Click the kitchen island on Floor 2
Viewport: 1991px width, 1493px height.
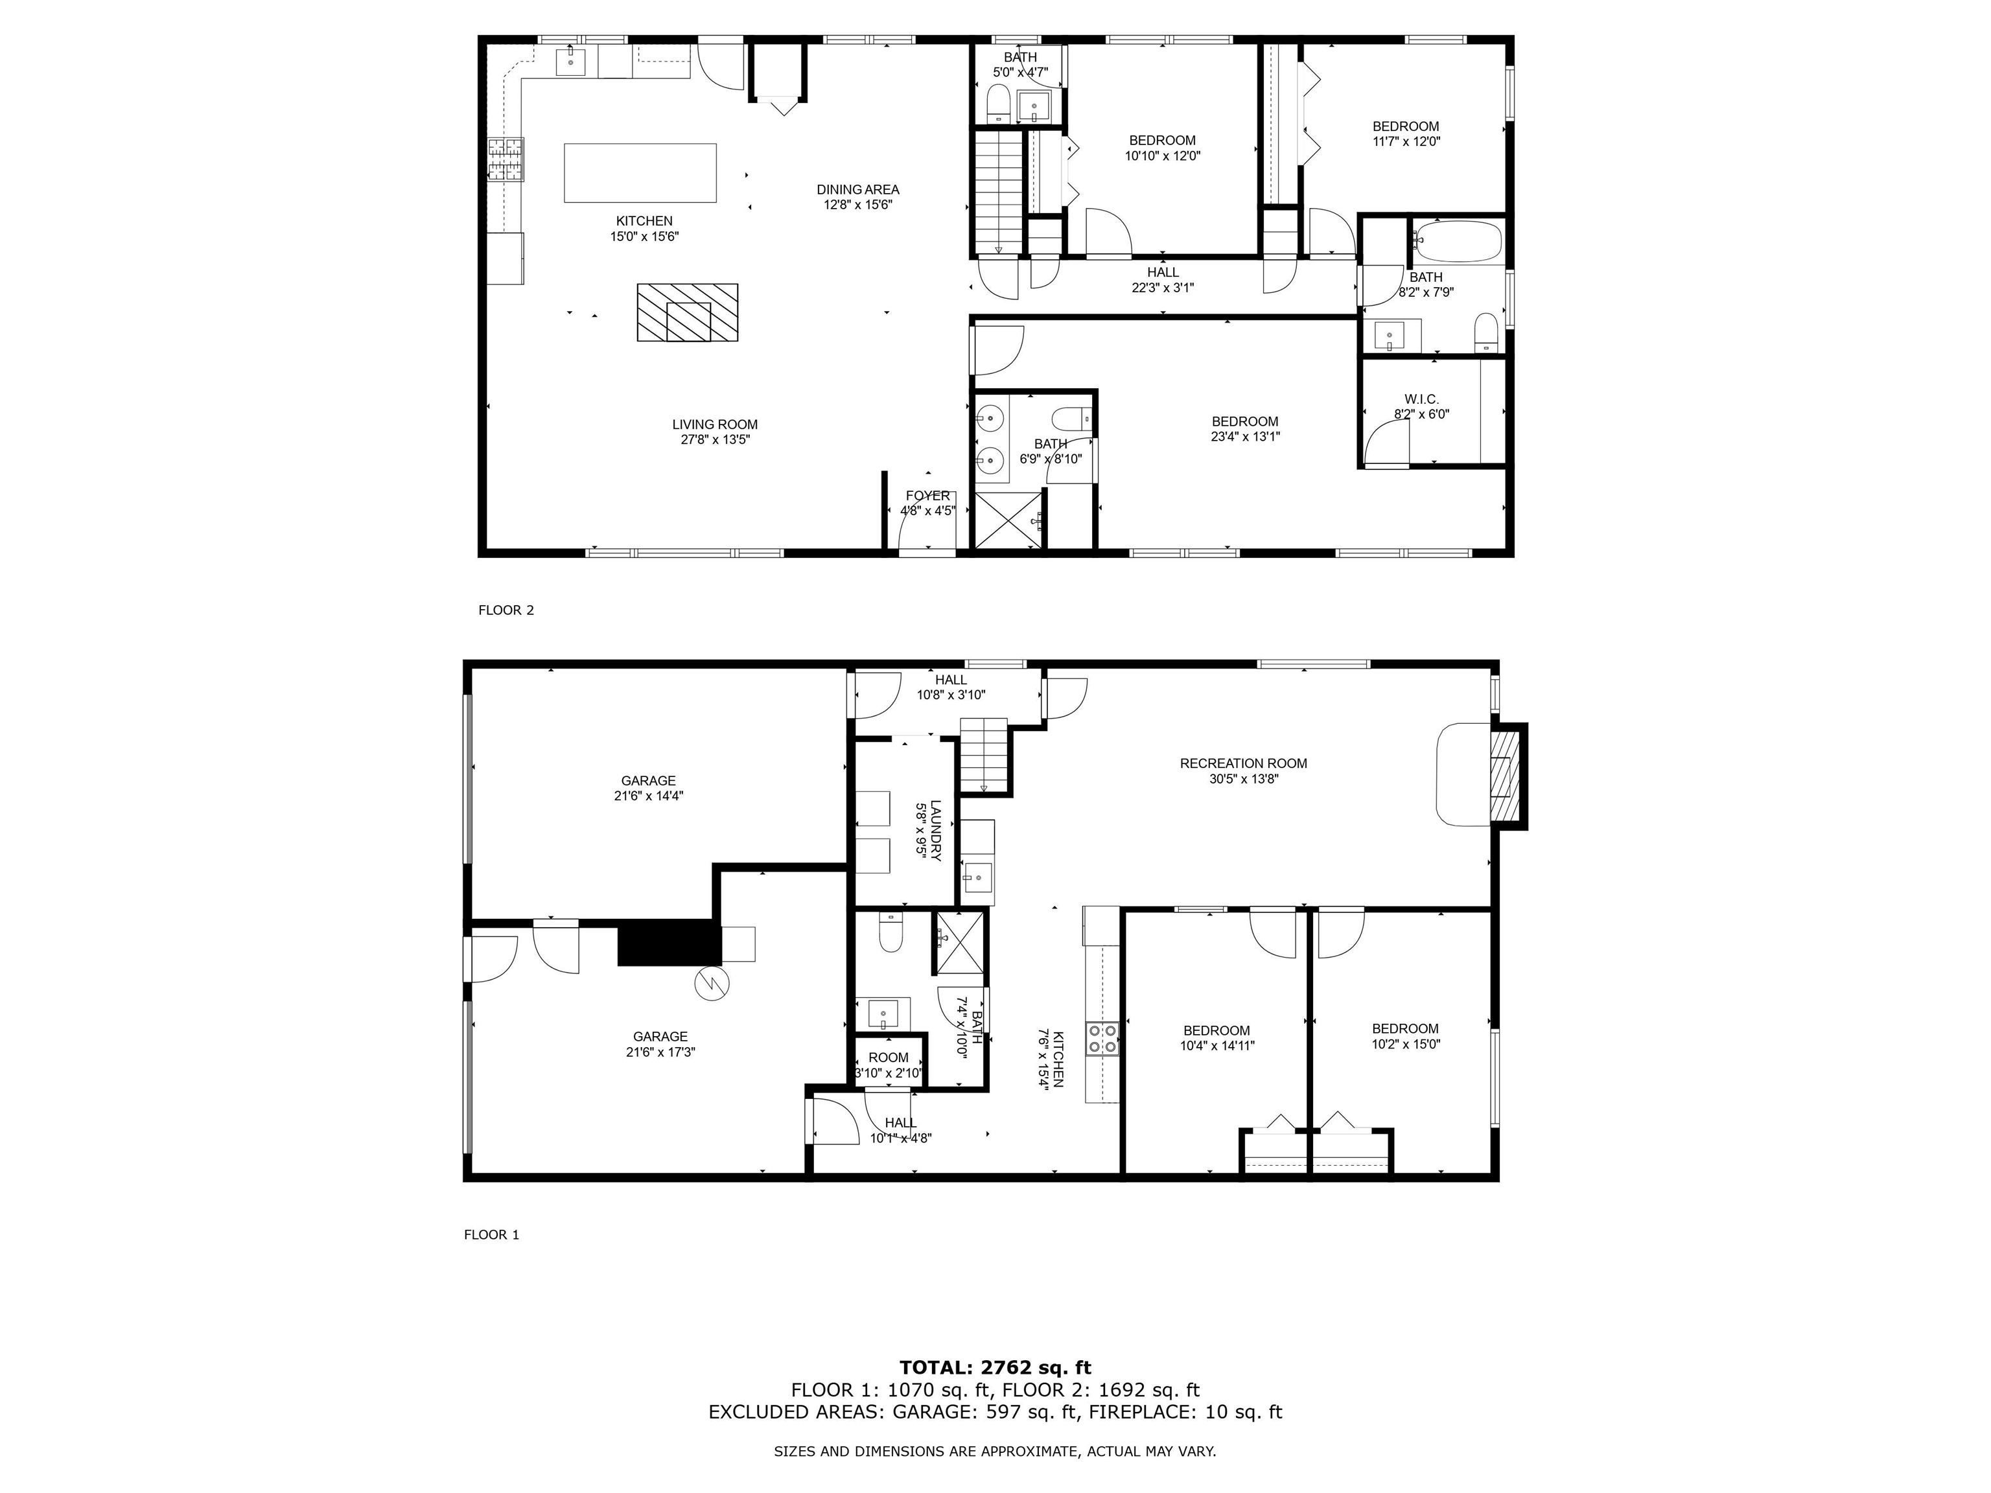(640, 173)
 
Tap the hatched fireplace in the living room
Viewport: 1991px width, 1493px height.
(687, 313)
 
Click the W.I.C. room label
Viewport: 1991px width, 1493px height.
(1421, 399)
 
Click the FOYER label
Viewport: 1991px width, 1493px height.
(927, 496)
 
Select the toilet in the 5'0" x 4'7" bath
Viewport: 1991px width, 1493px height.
(998, 104)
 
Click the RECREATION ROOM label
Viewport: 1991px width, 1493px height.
(1243, 763)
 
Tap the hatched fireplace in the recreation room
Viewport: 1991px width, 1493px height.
(1500, 776)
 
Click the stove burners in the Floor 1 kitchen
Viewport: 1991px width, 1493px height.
(1102, 1037)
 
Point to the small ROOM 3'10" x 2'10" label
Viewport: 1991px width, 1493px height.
(889, 1058)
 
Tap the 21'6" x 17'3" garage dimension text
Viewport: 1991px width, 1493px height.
(660, 1052)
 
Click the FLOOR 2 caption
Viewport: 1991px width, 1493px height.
(506, 610)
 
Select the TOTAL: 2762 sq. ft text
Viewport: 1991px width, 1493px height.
(995, 1369)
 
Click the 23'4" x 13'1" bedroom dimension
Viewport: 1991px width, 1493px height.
(1245, 437)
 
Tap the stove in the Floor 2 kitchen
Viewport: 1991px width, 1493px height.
(506, 159)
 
